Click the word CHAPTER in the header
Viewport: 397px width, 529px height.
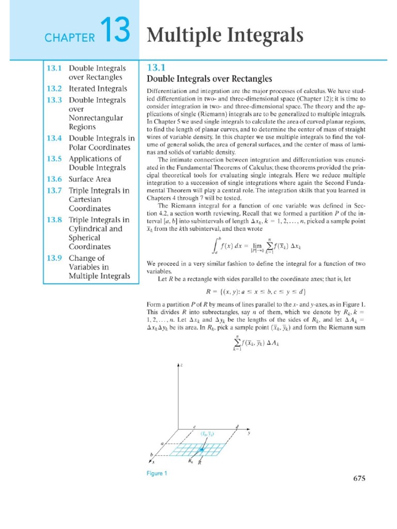[70, 37]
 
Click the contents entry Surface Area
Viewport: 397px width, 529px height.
[92, 179]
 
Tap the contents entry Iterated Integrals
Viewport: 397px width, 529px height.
[98, 89]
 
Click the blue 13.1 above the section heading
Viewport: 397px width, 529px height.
[156, 67]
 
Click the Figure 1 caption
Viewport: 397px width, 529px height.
[156, 473]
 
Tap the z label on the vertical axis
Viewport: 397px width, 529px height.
[182, 365]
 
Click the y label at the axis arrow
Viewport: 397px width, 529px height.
[249, 433]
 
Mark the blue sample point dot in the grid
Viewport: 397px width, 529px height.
[202, 450]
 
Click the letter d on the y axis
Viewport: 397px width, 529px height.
[237, 426]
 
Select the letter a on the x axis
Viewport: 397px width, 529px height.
[162, 444]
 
